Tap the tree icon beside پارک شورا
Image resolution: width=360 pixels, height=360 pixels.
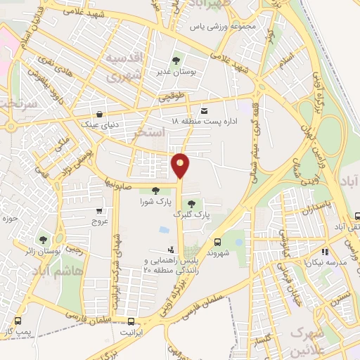coord(155,190)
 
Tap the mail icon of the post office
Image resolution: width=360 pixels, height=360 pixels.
coord(205,111)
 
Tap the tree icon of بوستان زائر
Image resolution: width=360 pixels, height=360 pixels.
coord(44,240)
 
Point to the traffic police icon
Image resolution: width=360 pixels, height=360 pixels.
coord(171,249)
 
